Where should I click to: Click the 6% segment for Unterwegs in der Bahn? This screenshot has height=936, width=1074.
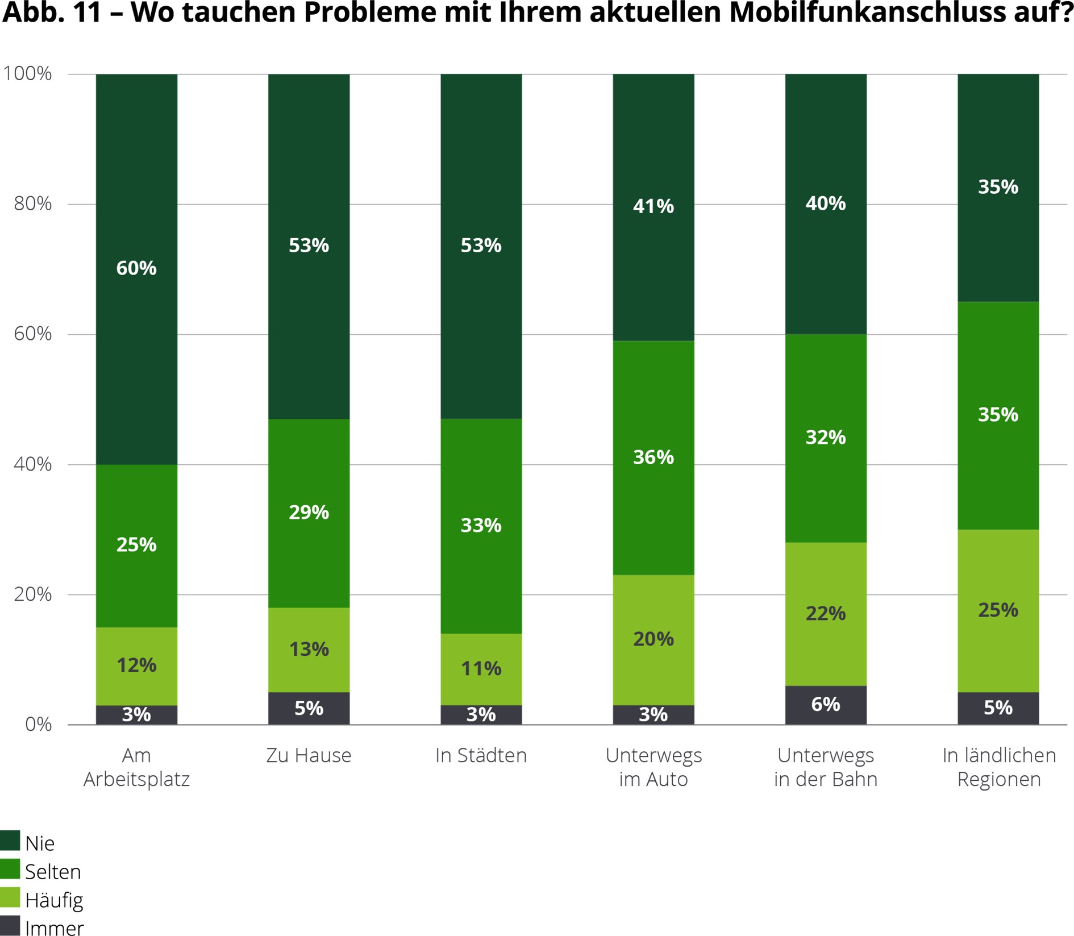pyautogui.click(x=826, y=705)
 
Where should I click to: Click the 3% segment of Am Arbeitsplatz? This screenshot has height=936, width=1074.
pyautogui.click(x=136, y=714)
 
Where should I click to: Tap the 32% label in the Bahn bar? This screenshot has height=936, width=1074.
pyautogui.click(x=826, y=437)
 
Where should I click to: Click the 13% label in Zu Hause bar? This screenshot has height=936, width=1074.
pyautogui.click(x=309, y=648)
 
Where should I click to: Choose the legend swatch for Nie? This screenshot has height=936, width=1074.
pyautogui.click(x=10, y=841)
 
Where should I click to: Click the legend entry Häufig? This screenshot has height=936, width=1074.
pyautogui.click(x=54, y=900)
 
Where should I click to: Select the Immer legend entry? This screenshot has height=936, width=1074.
pyautogui.click(x=54, y=928)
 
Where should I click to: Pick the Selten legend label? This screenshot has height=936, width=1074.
pyautogui.click(x=53, y=871)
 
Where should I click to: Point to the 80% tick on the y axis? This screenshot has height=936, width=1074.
pyautogui.click(x=32, y=203)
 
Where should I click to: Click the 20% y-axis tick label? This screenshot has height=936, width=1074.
pyautogui.click(x=32, y=594)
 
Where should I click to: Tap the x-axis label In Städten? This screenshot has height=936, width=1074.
pyautogui.click(x=481, y=755)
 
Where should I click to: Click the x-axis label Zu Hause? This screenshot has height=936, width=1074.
pyautogui.click(x=309, y=755)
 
